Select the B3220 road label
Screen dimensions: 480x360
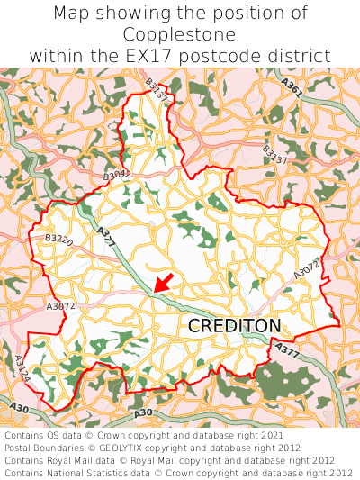coord(59,239)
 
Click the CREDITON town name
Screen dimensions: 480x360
coord(234,326)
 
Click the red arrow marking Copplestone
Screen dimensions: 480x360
coord(164,284)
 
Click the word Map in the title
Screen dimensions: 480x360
coord(74,14)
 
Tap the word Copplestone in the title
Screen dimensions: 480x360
coord(180,35)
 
